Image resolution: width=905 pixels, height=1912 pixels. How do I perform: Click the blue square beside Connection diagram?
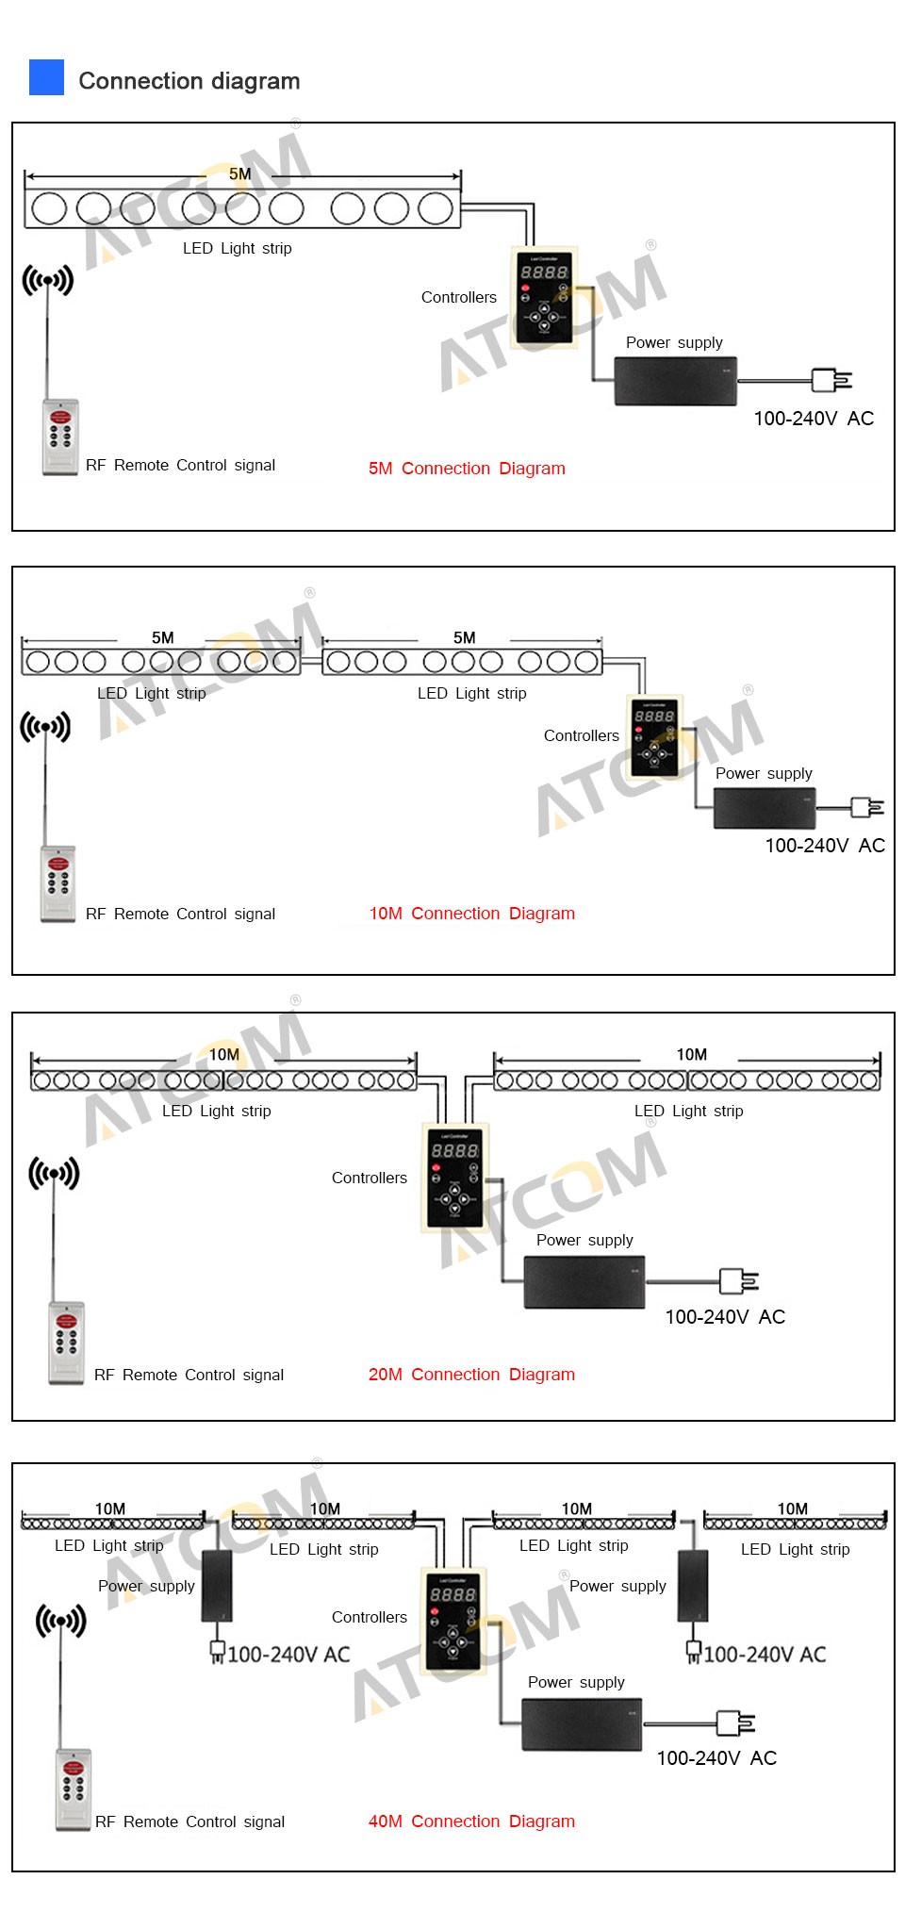pyautogui.click(x=46, y=77)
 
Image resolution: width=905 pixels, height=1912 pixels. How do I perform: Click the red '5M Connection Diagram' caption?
pyautogui.click(x=467, y=469)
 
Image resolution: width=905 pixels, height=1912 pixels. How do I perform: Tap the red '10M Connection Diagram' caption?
pyautogui.click(x=471, y=914)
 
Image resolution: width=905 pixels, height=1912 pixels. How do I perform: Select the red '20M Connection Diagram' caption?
pyautogui.click(x=471, y=1375)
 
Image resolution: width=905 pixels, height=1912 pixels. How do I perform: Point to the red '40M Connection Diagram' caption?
pyautogui.click(x=471, y=1821)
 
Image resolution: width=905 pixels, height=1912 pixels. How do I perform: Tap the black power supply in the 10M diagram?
pyautogui.click(x=764, y=808)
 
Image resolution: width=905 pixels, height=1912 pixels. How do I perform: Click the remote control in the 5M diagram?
pyautogui.click(x=60, y=437)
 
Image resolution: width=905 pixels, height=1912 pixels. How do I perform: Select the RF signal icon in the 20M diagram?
pyautogui.click(x=54, y=1174)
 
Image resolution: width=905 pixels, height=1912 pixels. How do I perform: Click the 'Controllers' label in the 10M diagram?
pyautogui.click(x=582, y=736)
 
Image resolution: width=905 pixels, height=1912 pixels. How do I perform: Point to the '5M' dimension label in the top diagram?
pyautogui.click(x=240, y=174)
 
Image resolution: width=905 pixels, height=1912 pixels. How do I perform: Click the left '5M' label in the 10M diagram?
pyautogui.click(x=163, y=638)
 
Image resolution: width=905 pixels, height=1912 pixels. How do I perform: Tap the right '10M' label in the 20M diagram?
pyautogui.click(x=691, y=1055)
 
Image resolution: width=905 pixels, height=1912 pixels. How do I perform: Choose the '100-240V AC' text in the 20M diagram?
pyautogui.click(x=725, y=1317)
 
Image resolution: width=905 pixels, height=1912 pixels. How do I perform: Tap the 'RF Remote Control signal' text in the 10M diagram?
pyautogui.click(x=180, y=915)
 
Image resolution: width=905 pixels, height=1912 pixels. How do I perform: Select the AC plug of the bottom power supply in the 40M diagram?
pyautogui.click(x=735, y=1722)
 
